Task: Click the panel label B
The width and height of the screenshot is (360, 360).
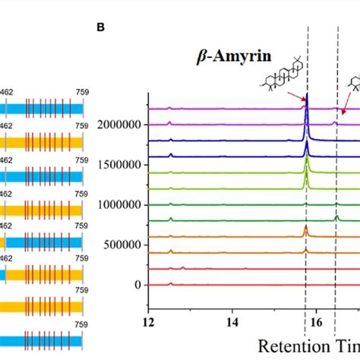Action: point(101,27)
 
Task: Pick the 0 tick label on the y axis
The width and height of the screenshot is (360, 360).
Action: point(137,285)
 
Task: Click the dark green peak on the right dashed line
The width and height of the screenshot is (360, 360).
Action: point(337,218)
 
